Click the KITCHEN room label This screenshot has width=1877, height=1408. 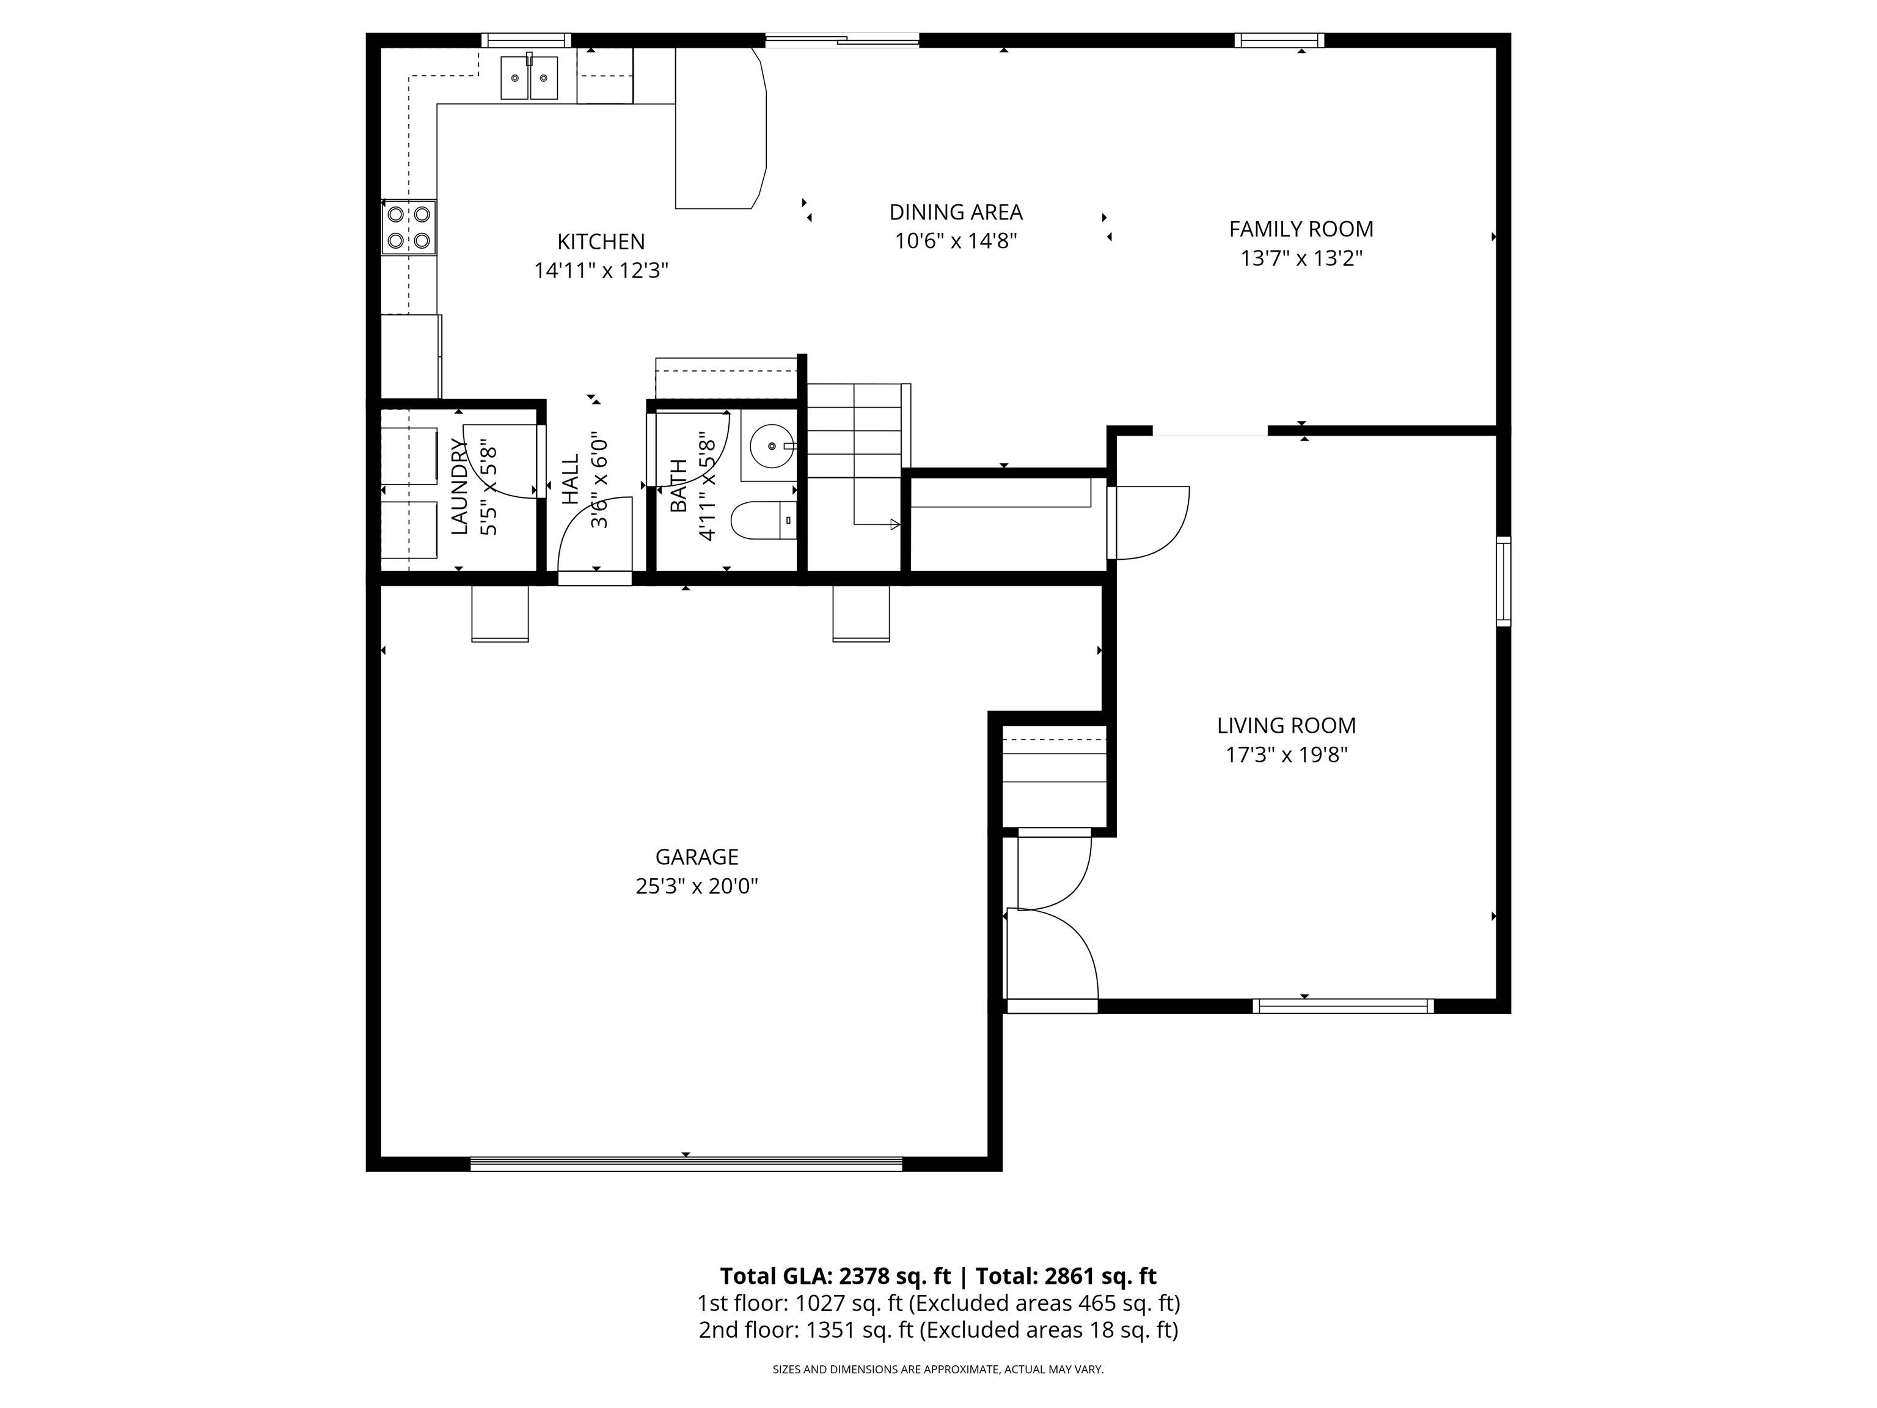click(601, 242)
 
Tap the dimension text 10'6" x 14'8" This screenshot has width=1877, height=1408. click(956, 241)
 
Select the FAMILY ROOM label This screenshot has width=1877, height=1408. click(1301, 229)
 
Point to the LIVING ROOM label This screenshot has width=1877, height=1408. click(1286, 725)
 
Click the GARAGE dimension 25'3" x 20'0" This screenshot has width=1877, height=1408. click(696, 886)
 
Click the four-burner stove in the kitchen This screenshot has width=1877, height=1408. click(409, 227)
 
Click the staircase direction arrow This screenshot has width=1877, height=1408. click(893, 524)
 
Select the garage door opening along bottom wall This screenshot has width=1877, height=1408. click(686, 1164)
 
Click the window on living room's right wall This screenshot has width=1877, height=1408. click(1503, 581)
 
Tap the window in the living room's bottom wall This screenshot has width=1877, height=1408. click(1342, 1006)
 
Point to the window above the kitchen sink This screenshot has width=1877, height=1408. click(526, 40)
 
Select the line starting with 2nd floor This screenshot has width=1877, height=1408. click(938, 1329)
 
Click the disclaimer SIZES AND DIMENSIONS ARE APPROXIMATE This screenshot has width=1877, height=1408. click(938, 1369)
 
